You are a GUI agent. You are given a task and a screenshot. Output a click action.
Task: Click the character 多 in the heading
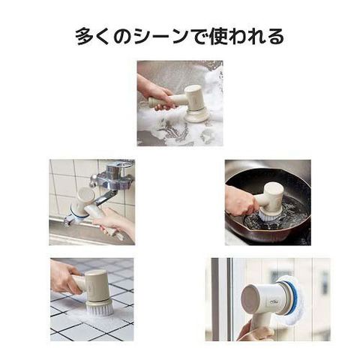pyautogui.click(x=85, y=37)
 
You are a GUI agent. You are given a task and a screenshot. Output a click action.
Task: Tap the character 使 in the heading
pyautogui.click(x=217, y=37)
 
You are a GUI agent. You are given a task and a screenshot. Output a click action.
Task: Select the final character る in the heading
pyautogui.click(x=275, y=37)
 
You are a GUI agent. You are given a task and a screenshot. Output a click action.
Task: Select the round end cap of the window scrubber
pyautogui.click(x=250, y=299)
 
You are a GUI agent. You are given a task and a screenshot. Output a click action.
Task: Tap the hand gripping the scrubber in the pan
pyautogui.click(x=241, y=201)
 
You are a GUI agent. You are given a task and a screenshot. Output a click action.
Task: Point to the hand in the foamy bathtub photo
pyautogui.click(x=154, y=93)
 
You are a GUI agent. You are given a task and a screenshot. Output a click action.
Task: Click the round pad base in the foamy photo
pyautogui.click(x=197, y=115)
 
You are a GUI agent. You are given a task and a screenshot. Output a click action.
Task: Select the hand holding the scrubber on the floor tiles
pyautogui.click(x=65, y=277)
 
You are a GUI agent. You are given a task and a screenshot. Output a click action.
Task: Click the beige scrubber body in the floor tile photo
pyautogui.click(x=96, y=286)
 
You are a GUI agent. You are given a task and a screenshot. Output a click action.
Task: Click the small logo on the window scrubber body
pyautogui.click(x=271, y=302)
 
